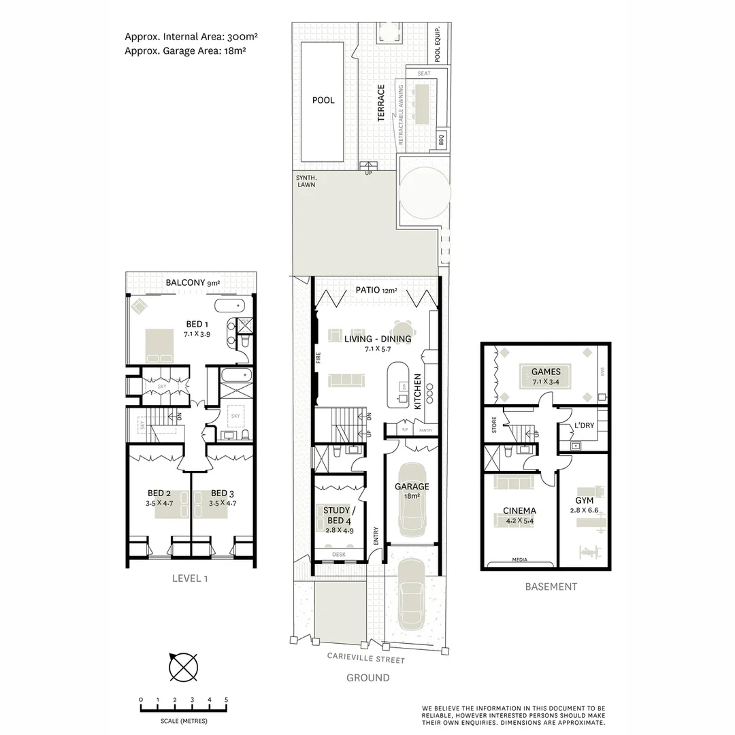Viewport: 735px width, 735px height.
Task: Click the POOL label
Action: point(323,100)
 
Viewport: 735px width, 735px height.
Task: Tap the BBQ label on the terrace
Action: point(441,140)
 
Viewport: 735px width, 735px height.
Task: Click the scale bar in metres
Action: point(184,708)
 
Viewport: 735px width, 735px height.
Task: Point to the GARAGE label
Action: point(412,487)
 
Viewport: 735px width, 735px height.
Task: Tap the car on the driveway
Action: point(412,593)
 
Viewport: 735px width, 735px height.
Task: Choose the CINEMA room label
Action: point(519,510)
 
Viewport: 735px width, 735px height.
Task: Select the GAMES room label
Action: point(546,372)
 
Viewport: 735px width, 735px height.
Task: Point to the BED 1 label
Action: point(197,324)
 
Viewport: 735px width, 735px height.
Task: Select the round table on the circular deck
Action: point(425,192)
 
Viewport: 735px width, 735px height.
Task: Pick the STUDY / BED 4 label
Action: point(337,515)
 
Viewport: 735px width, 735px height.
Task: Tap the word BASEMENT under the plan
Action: point(551,587)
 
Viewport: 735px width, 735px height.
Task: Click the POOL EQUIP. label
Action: point(438,45)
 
